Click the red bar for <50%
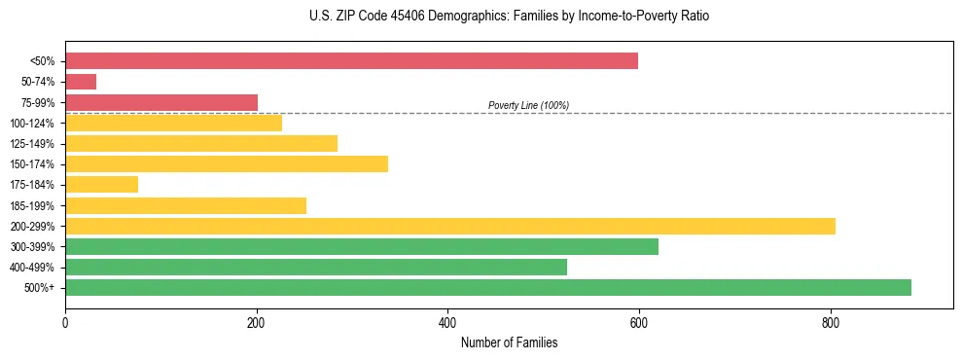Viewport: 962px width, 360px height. [351, 61]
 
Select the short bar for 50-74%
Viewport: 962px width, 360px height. [81, 82]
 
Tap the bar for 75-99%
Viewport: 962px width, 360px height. [161, 102]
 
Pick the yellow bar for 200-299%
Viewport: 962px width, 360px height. [450, 226]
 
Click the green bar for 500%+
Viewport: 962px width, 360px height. [488, 287]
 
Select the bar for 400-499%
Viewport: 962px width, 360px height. [316, 267]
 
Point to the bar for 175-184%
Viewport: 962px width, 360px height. [102, 184]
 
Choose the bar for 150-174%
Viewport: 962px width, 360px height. [227, 163]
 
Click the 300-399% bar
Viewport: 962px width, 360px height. [362, 246]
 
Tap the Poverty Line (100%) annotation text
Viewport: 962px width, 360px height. [528, 105]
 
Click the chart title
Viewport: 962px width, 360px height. [481, 17]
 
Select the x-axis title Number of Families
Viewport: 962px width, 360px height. [509, 342]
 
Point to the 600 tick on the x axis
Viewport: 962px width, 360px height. [639, 322]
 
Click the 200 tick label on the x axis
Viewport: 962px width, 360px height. [257, 322]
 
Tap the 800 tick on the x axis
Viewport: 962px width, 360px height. [831, 322]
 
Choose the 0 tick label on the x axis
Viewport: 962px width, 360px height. [65, 322]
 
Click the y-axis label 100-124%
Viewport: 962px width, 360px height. [33, 124]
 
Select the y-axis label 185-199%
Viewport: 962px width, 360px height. [33, 205]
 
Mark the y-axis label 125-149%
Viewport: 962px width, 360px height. [33, 144]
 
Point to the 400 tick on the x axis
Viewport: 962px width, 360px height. [447, 322]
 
